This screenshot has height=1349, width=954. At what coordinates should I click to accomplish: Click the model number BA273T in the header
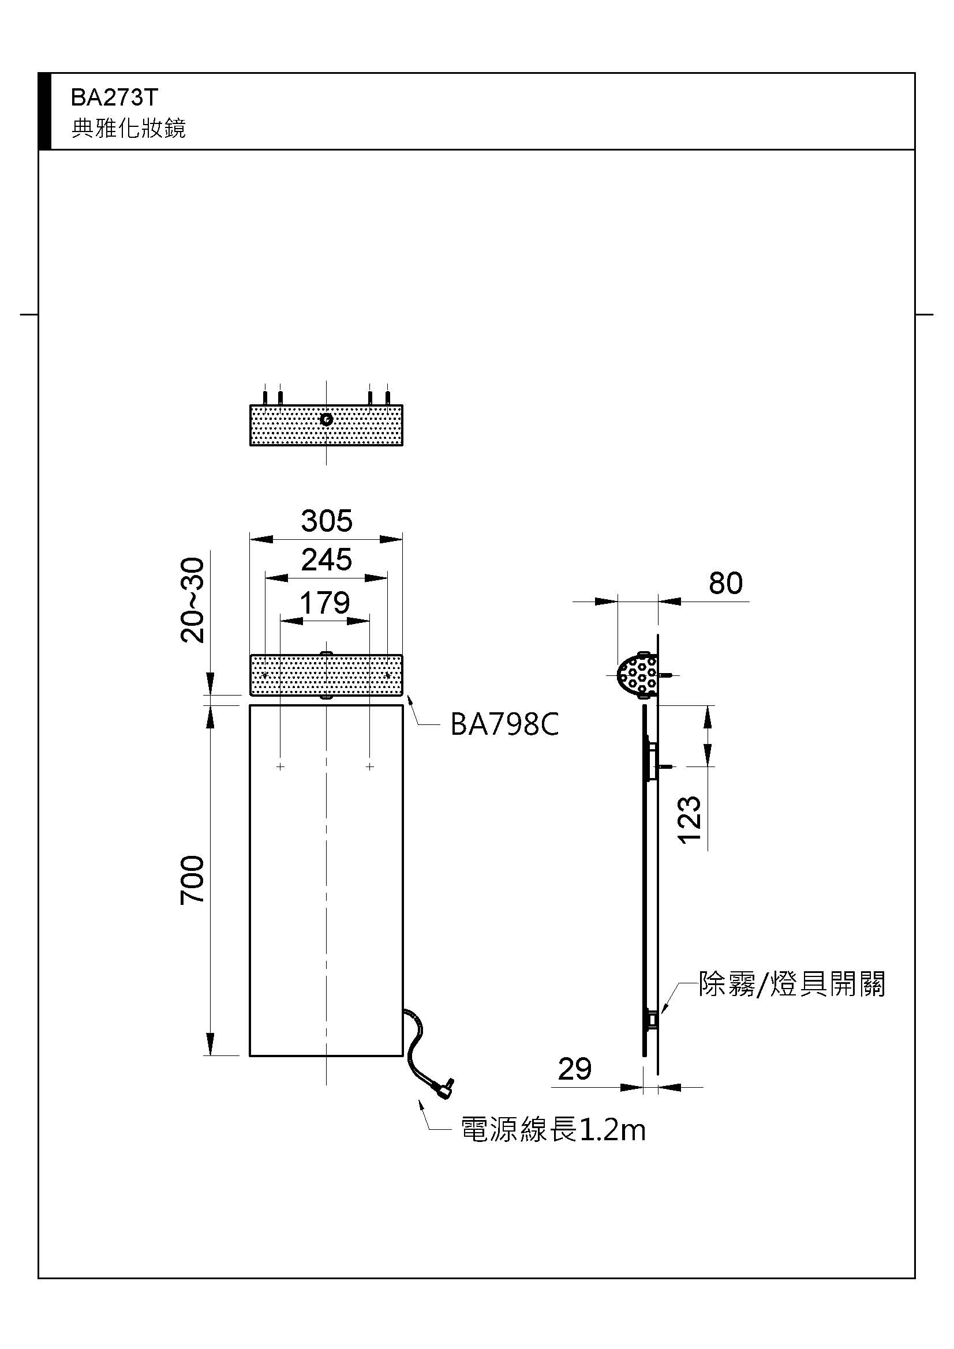pyautogui.click(x=114, y=98)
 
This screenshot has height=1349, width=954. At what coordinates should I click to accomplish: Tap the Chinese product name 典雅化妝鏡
pyautogui.click(x=128, y=128)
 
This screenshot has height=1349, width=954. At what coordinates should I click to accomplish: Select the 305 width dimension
pyautogui.click(x=326, y=521)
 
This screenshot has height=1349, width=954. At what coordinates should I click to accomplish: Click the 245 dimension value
pyautogui.click(x=326, y=559)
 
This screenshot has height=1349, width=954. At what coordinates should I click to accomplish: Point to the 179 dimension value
pyautogui.click(x=324, y=603)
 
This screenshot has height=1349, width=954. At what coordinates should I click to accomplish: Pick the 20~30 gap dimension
pyautogui.click(x=193, y=600)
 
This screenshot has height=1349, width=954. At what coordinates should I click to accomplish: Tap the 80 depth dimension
pyautogui.click(x=725, y=583)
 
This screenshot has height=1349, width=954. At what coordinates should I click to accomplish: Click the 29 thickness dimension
pyautogui.click(x=574, y=1069)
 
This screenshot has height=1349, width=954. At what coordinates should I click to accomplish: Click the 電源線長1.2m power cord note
pyautogui.click(x=553, y=1129)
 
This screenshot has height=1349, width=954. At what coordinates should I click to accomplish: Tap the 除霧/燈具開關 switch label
pyautogui.click(x=791, y=984)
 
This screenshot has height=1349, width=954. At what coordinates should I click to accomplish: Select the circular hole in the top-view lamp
pyautogui.click(x=326, y=419)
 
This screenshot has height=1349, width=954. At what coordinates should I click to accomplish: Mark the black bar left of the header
pyautogui.click(x=44, y=111)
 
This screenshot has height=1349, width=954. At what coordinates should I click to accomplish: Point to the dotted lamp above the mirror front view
pyautogui.click(x=326, y=675)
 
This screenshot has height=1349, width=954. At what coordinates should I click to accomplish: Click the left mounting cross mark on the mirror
pyautogui.click(x=280, y=766)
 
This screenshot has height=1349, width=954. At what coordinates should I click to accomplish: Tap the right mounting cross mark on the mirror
pyautogui.click(x=370, y=766)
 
